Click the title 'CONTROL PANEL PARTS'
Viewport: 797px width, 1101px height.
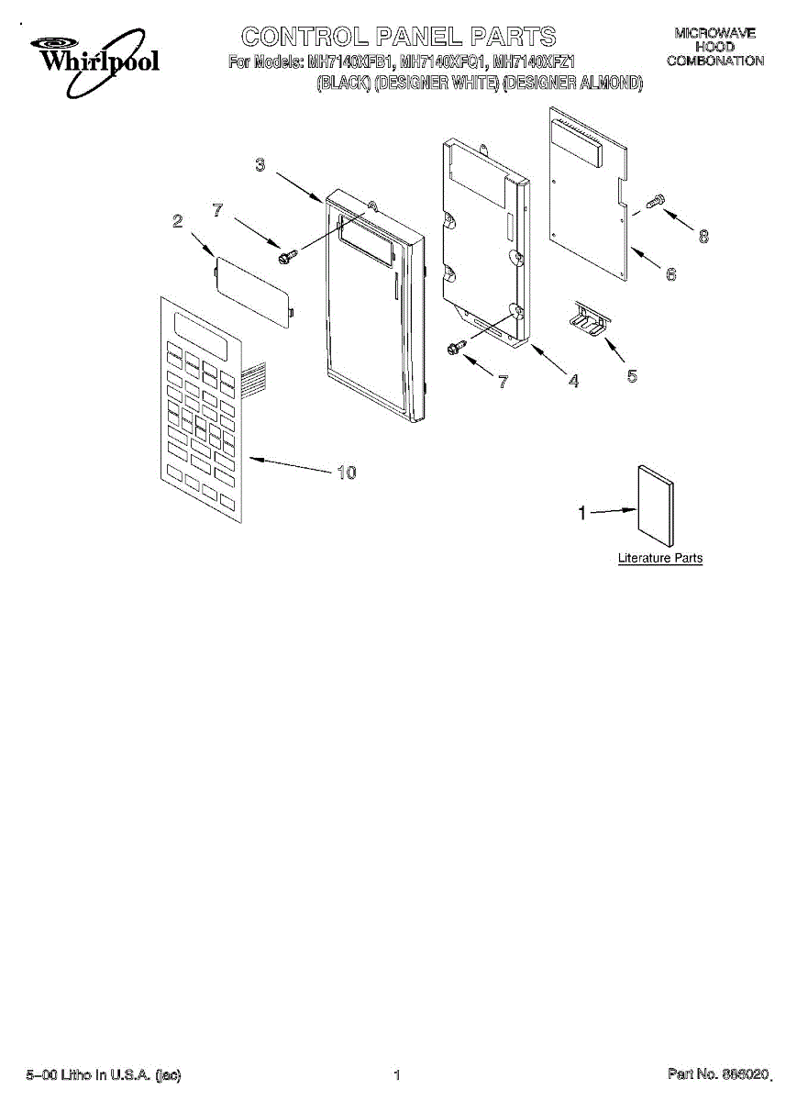(398, 37)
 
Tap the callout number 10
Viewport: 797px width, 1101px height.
(345, 473)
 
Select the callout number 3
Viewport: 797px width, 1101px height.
(260, 165)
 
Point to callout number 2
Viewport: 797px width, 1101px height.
(177, 221)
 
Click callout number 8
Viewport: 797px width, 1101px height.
(703, 236)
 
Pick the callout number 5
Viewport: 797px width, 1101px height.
(631, 375)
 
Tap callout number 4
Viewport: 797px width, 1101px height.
(572, 381)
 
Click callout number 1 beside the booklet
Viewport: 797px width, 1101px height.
(581, 514)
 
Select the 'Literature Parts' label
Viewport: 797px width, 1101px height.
(659, 558)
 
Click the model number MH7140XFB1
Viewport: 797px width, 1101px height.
(349, 63)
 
